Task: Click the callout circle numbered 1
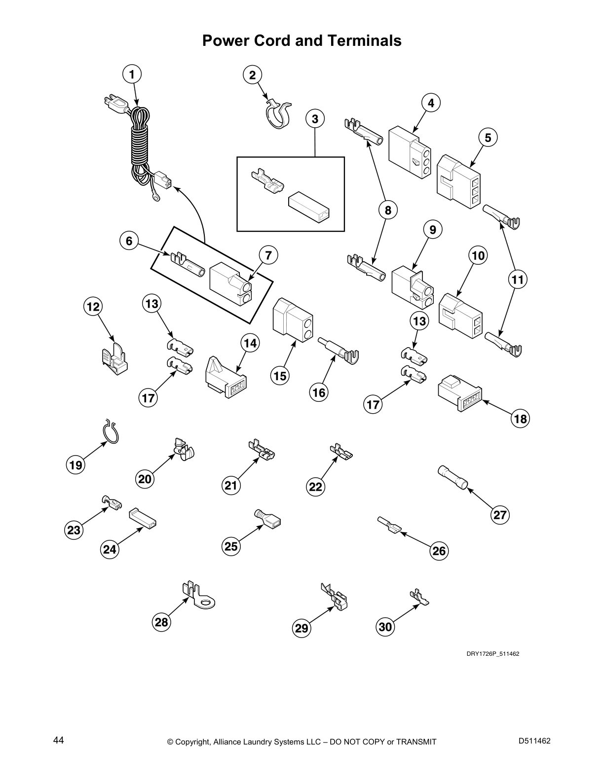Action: click(x=132, y=74)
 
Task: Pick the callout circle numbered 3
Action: click(x=315, y=119)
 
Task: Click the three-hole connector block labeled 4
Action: click(x=409, y=151)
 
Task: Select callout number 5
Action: click(x=488, y=138)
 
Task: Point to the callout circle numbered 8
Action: click(x=388, y=211)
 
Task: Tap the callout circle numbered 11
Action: click(x=517, y=280)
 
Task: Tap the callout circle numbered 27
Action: click(x=500, y=515)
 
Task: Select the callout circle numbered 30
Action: click(x=385, y=627)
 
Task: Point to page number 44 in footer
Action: click(x=59, y=740)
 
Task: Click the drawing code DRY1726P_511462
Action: click(x=492, y=654)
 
